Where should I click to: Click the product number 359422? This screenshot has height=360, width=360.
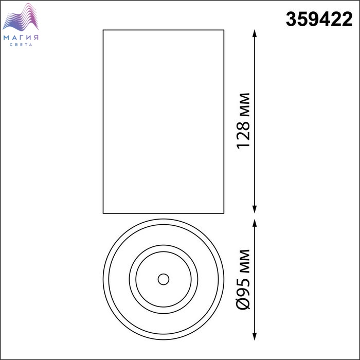coord(319,20)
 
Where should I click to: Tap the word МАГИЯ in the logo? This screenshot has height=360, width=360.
coord(21,38)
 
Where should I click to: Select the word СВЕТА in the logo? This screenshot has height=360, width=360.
coord(21,45)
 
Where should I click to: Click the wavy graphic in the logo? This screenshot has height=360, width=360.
coord(21,17)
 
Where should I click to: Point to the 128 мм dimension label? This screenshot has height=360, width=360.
coord(243,121)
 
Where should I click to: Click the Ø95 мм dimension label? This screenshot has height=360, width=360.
coord(243,279)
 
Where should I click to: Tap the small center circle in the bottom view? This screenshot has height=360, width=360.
coord(164,279)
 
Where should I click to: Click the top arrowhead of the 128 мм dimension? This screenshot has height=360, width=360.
coord(254,33)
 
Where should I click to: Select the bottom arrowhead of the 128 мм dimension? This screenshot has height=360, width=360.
coord(254,209)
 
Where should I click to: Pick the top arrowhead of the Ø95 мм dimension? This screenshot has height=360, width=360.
coord(254,223)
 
